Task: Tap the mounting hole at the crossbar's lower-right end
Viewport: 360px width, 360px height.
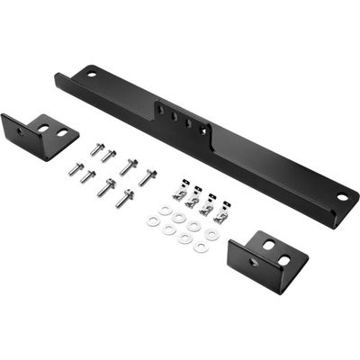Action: click(342, 197)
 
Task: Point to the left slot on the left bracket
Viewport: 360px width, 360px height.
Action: click(44, 130)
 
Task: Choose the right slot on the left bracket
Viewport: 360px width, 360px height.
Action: click(60, 133)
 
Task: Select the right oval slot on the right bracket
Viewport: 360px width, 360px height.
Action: click(284, 260)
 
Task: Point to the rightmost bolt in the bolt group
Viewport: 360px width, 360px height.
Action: click(147, 175)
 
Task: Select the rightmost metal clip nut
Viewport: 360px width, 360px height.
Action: click(220, 215)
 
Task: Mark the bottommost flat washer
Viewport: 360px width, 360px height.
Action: click(201, 246)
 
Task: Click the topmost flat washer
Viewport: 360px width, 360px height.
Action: click(166, 210)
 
